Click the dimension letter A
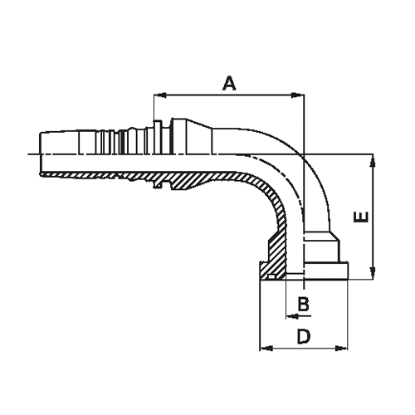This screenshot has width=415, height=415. (x=230, y=82)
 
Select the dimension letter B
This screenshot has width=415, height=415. (x=304, y=305)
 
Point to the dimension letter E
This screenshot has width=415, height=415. (x=360, y=217)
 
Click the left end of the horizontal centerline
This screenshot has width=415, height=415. (x=28, y=154)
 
